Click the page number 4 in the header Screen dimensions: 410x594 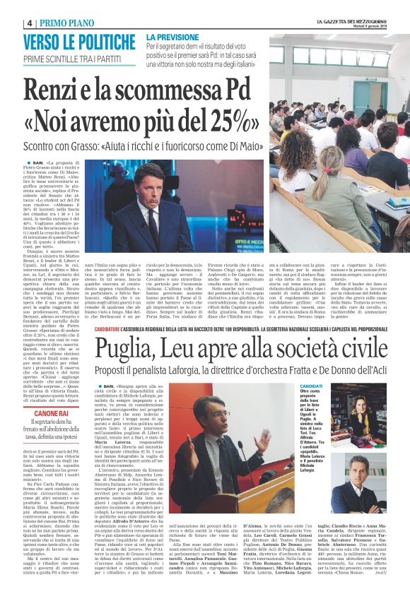tap(11, 22)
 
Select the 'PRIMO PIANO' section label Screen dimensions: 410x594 tap(49, 22)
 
